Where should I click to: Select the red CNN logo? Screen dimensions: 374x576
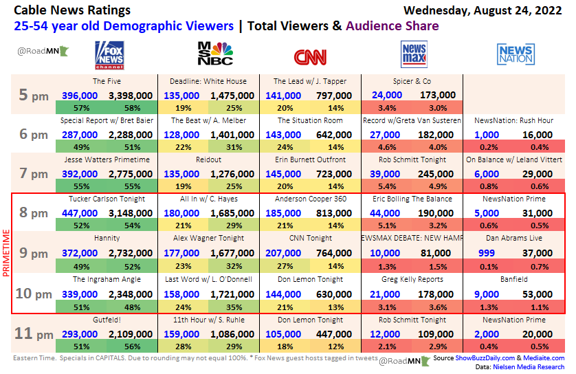pyautogui.click(x=310, y=56)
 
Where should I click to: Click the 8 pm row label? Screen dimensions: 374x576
pyautogui.click(x=33, y=213)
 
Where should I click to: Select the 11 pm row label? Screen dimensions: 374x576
pyautogui.click(x=33, y=334)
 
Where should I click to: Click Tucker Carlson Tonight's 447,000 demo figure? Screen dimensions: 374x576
pyautogui.click(x=80, y=213)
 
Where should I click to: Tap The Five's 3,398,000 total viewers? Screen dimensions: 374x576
pyautogui.click(x=131, y=96)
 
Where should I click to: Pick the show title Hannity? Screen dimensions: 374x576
pyautogui.click(x=107, y=239)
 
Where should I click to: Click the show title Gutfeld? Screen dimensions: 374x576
pyautogui.click(x=107, y=320)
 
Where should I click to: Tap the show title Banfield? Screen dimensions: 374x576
pyautogui.click(x=514, y=280)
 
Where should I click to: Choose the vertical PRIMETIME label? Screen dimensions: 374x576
pyautogui.click(x=7, y=254)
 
